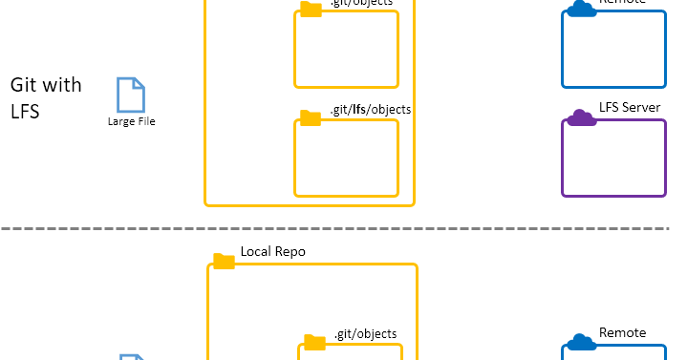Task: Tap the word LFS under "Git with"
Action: (x=24, y=111)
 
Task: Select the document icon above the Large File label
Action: (x=130, y=95)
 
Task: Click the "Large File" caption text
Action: (x=131, y=121)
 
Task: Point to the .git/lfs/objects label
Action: (x=371, y=110)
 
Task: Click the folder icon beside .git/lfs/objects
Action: (x=311, y=117)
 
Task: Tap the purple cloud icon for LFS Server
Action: (x=579, y=117)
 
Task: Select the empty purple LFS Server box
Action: (x=612, y=159)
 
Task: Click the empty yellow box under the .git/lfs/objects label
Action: (x=346, y=159)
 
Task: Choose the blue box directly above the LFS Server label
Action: (x=612, y=50)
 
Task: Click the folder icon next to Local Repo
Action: (x=224, y=260)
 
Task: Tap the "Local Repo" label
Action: (x=273, y=251)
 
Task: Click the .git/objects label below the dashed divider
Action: (x=365, y=333)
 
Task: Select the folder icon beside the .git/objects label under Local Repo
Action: (x=314, y=342)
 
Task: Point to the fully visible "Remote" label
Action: (x=622, y=332)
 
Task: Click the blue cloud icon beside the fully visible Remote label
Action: (x=577, y=342)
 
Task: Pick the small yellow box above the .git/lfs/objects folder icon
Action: (x=346, y=51)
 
